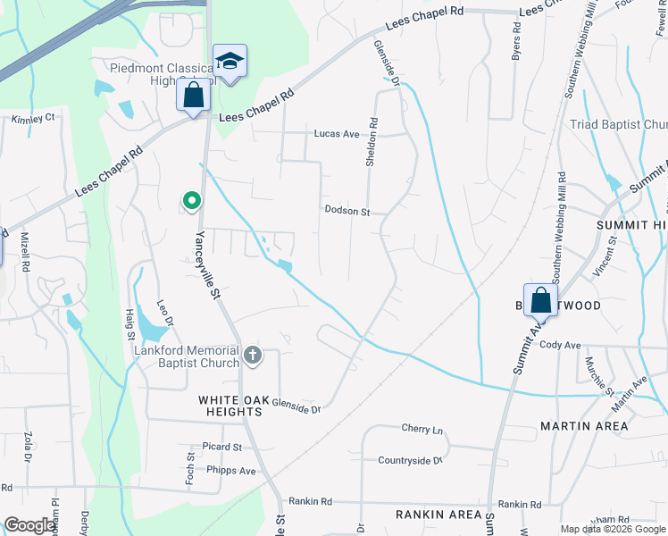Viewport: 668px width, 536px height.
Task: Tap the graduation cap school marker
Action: coord(230,61)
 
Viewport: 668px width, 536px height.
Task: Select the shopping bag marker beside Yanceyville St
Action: coord(193,95)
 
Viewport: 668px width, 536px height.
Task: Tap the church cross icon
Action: coord(253,356)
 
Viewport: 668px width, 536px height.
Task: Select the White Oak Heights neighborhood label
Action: coord(230,406)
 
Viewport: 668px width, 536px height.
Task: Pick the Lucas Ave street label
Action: coord(336,134)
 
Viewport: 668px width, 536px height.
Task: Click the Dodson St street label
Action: coord(347,212)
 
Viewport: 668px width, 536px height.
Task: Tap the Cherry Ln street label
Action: coord(422,430)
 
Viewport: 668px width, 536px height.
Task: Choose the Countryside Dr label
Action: coord(410,461)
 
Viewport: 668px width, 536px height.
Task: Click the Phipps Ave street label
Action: coord(230,471)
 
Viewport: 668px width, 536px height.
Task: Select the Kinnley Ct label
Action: coord(33,117)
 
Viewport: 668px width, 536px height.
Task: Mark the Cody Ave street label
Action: coord(561,345)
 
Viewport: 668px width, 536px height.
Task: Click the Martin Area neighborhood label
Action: coord(584,426)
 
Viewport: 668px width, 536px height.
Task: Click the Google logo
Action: coord(30,526)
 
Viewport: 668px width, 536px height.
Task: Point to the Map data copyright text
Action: coord(614,529)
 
